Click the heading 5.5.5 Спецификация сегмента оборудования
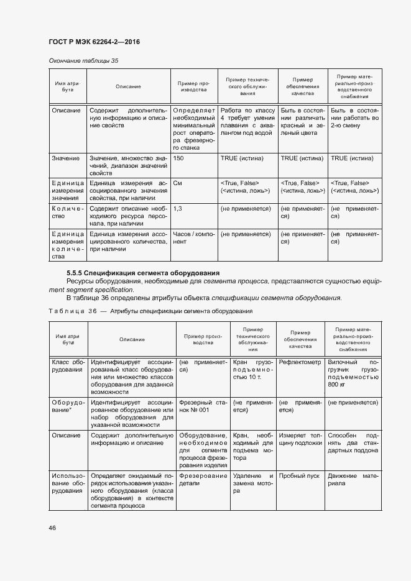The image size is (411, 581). coord(142,273)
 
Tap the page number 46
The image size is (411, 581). coord(52,528)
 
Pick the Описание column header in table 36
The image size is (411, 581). coord(132,339)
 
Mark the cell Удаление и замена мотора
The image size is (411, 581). coord(252,483)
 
